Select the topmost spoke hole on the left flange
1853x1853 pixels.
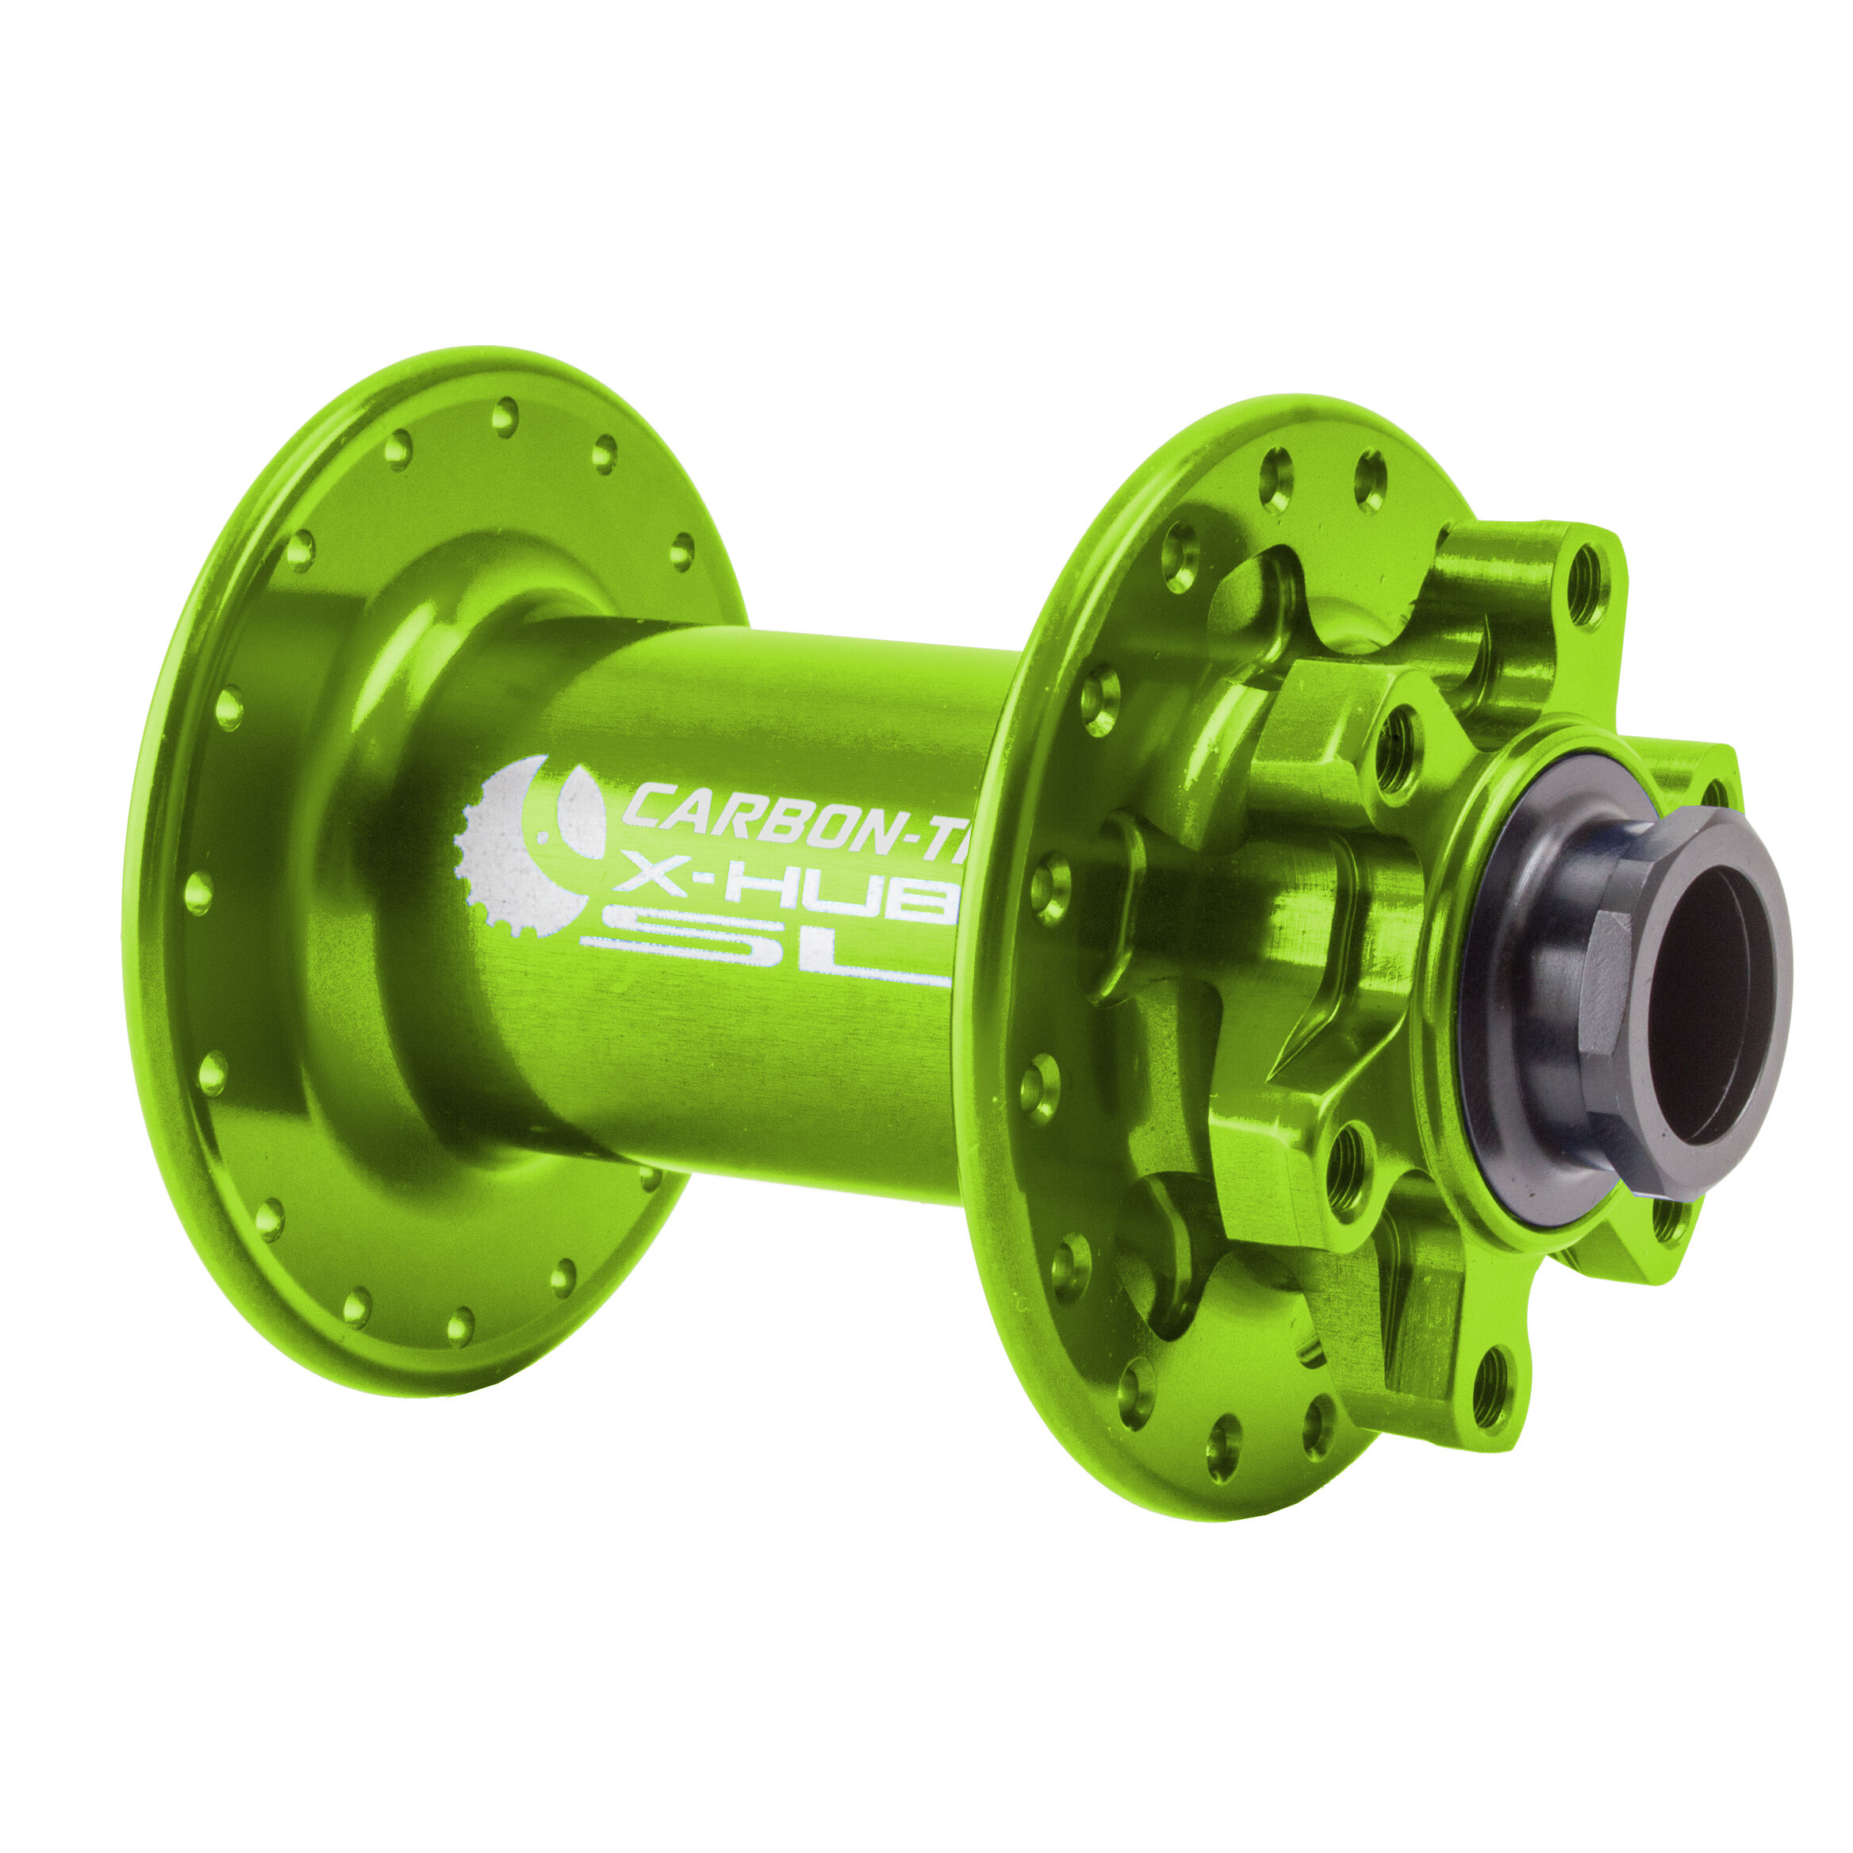(504, 417)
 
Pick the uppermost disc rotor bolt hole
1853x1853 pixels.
(1587, 584)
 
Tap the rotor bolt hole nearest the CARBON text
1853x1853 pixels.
(1399, 747)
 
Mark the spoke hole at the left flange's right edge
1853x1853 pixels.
(681, 551)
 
